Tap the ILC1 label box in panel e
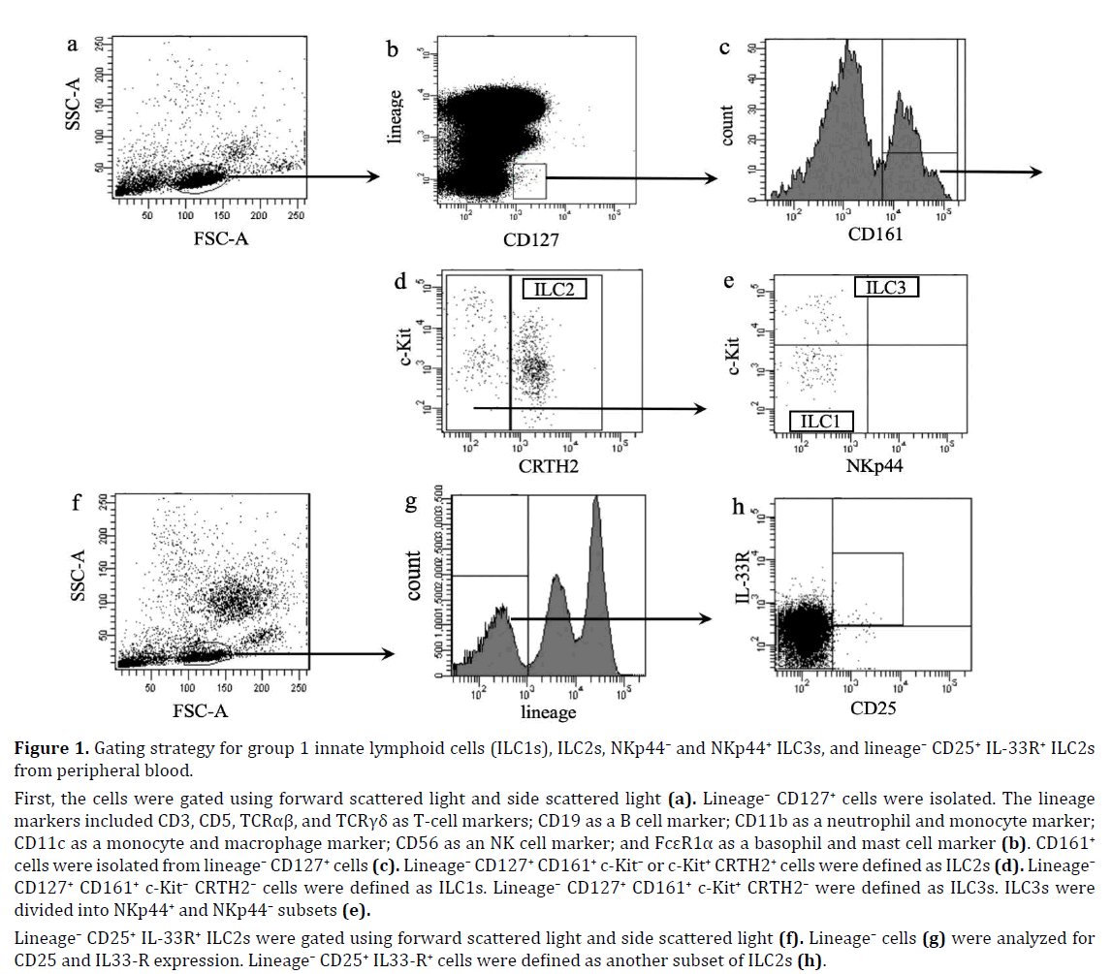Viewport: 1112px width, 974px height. point(820,421)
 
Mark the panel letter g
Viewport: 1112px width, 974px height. point(410,502)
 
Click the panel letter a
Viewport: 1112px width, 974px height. point(72,44)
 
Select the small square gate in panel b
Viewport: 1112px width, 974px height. point(529,182)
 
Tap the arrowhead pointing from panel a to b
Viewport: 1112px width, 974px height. point(371,176)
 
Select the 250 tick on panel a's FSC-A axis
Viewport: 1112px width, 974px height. point(298,215)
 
